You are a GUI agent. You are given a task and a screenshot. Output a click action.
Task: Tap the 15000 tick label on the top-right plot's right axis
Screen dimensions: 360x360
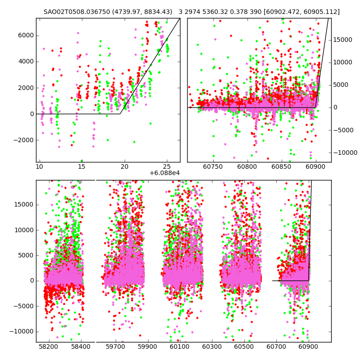(x=345, y=40)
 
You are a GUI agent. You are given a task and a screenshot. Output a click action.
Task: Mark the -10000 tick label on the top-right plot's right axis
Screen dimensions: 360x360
(x=346, y=153)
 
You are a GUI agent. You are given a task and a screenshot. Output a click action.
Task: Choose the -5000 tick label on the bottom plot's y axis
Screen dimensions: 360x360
(x=24, y=306)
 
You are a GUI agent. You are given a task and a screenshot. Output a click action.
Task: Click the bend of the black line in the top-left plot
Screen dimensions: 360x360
(x=120, y=114)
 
